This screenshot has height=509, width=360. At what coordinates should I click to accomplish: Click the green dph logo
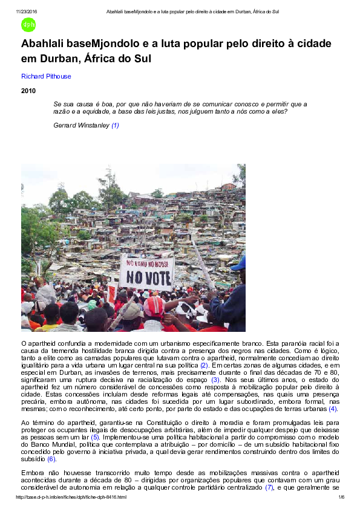pos(28,25)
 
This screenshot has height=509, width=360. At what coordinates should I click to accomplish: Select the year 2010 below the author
pos(28,91)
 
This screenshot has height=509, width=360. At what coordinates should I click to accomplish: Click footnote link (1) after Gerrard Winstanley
pos(115,125)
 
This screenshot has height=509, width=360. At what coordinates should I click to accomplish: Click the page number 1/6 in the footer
pos(341,497)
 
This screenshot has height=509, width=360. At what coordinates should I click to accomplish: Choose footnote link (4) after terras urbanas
pos(333,409)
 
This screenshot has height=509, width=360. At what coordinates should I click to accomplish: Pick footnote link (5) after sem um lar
pos(95,436)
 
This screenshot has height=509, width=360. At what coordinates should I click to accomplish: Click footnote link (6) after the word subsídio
pos(51,459)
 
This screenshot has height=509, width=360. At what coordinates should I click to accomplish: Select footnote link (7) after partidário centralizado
pos(270,487)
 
